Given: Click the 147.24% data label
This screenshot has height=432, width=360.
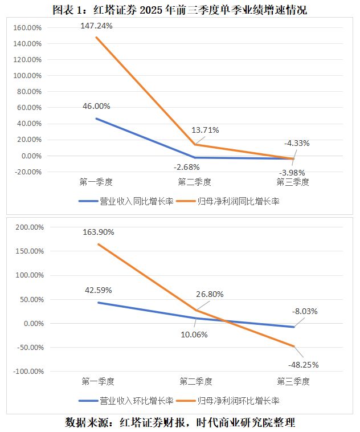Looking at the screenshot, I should [x=96, y=26].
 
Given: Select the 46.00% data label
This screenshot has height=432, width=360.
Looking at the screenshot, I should [x=96, y=106].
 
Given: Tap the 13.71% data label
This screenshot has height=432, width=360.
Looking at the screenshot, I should [x=204, y=130].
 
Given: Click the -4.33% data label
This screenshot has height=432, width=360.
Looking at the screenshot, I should [x=296, y=143].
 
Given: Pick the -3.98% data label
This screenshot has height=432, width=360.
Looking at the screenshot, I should [x=292, y=172].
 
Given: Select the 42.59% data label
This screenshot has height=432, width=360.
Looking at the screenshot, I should [x=98, y=290].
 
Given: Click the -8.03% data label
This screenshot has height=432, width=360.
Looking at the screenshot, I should [x=304, y=311].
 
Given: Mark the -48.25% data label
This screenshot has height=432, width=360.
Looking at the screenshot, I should [x=303, y=365].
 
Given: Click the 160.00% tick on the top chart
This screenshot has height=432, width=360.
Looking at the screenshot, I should [x=27, y=27].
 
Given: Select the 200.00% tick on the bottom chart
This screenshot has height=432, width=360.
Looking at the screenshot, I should [x=28, y=227].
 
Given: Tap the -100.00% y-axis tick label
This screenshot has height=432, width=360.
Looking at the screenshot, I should [x=26, y=372].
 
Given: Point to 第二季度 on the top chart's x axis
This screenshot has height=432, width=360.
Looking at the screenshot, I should [x=194, y=182].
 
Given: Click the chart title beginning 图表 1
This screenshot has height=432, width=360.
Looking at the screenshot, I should [x=179, y=10].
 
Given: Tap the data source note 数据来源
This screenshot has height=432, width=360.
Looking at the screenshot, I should [x=180, y=422].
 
